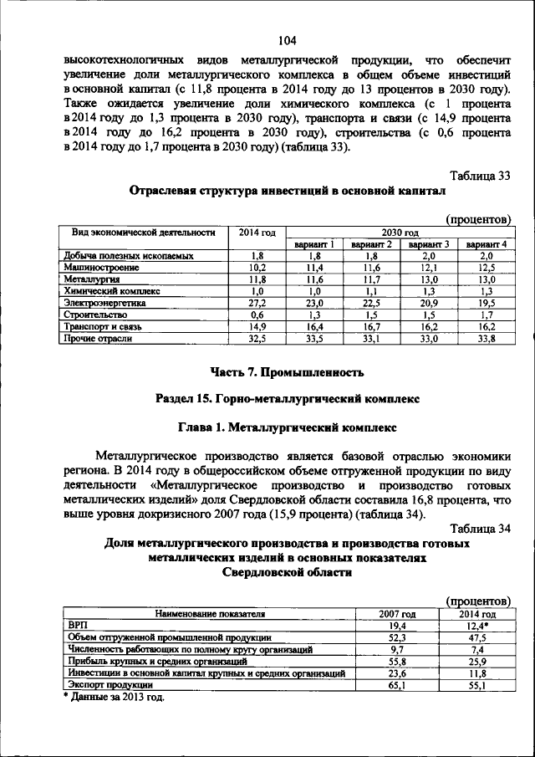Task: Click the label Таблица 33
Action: coord(480,176)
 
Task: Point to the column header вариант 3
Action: coord(429,243)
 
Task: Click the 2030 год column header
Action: coord(400,232)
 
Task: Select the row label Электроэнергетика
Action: coord(104,303)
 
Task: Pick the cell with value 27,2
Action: coord(257,303)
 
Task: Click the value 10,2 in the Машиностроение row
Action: coord(257,267)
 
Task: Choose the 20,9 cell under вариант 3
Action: coord(429,303)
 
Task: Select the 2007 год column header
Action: coord(398,613)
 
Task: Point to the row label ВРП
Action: coord(76,625)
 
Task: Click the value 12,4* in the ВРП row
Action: coord(478,625)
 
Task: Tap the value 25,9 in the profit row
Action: coord(478,660)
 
